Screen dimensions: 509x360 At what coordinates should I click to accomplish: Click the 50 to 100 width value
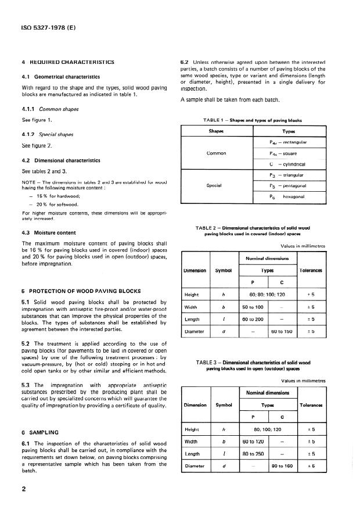tap(254, 307)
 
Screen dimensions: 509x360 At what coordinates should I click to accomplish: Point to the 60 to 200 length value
tap(254, 319)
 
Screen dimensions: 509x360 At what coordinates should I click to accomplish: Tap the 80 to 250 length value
tap(254, 453)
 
